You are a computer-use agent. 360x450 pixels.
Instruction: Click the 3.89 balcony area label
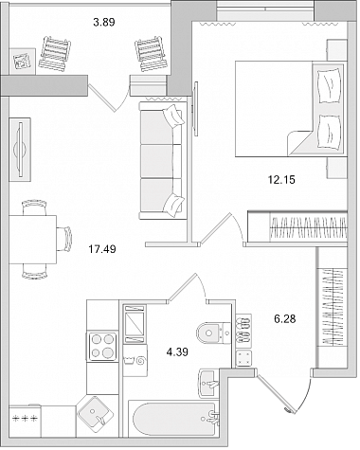coord(104,23)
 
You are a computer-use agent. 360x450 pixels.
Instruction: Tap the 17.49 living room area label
coord(102,249)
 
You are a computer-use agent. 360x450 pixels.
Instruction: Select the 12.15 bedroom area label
coord(281,180)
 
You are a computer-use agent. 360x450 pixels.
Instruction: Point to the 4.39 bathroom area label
coord(177,351)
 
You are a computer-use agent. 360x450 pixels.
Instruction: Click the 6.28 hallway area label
coord(285,319)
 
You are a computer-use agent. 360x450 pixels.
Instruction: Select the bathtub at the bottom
coord(173,419)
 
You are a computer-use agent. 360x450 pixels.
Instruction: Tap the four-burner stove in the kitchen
coord(102,347)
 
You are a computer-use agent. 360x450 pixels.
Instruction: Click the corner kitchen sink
coord(96,412)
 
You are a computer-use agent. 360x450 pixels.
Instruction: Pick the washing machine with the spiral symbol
coord(135,360)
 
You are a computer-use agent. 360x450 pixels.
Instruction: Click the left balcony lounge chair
coord(55,53)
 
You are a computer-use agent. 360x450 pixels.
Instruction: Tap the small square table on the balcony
coord(23,62)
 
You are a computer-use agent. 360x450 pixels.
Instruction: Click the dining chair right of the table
coord(65,239)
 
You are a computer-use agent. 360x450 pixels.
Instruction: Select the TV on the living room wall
coord(20,150)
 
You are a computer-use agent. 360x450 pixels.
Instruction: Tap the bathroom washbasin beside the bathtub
coord(208,383)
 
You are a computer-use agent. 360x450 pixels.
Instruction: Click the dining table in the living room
coord(32,240)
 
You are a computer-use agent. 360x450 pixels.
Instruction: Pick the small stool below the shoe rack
coord(243,358)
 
